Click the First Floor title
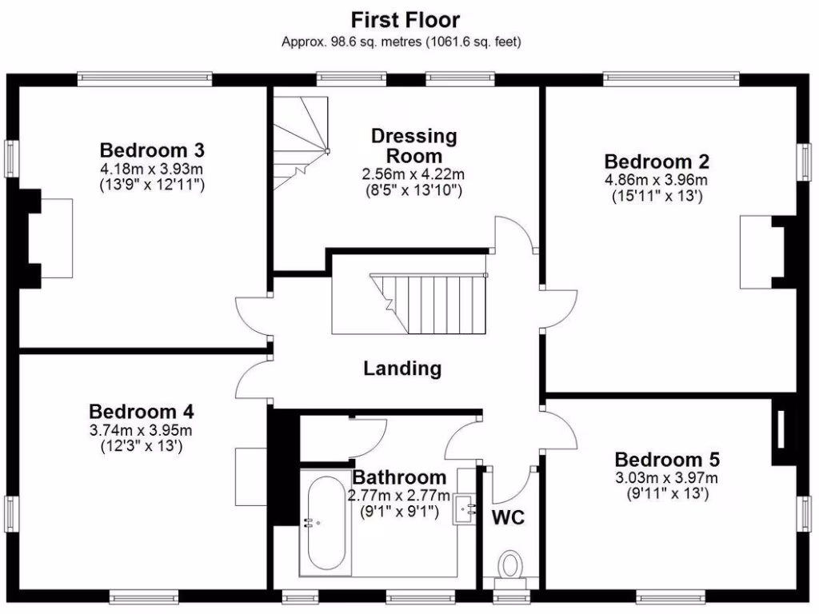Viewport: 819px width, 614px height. pyautogui.click(x=406, y=20)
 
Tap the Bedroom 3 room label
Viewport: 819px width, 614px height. pyautogui.click(x=152, y=150)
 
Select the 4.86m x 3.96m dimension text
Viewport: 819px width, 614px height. pyautogui.click(x=657, y=180)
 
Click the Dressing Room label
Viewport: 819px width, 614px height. pyautogui.click(x=413, y=146)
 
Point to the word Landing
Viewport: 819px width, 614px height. pyautogui.click(x=402, y=369)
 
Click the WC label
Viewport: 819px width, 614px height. pyautogui.click(x=508, y=517)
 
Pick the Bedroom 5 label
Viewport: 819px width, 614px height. pyautogui.click(x=667, y=460)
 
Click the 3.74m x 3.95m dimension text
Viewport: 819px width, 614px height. pyautogui.click(x=141, y=430)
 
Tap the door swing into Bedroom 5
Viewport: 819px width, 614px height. pyautogui.click(x=560, y=427)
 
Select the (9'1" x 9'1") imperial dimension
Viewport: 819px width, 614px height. pyautogui.click(x=398, y=510)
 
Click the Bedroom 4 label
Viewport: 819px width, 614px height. pyautogui.click(x=141, y=412)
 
